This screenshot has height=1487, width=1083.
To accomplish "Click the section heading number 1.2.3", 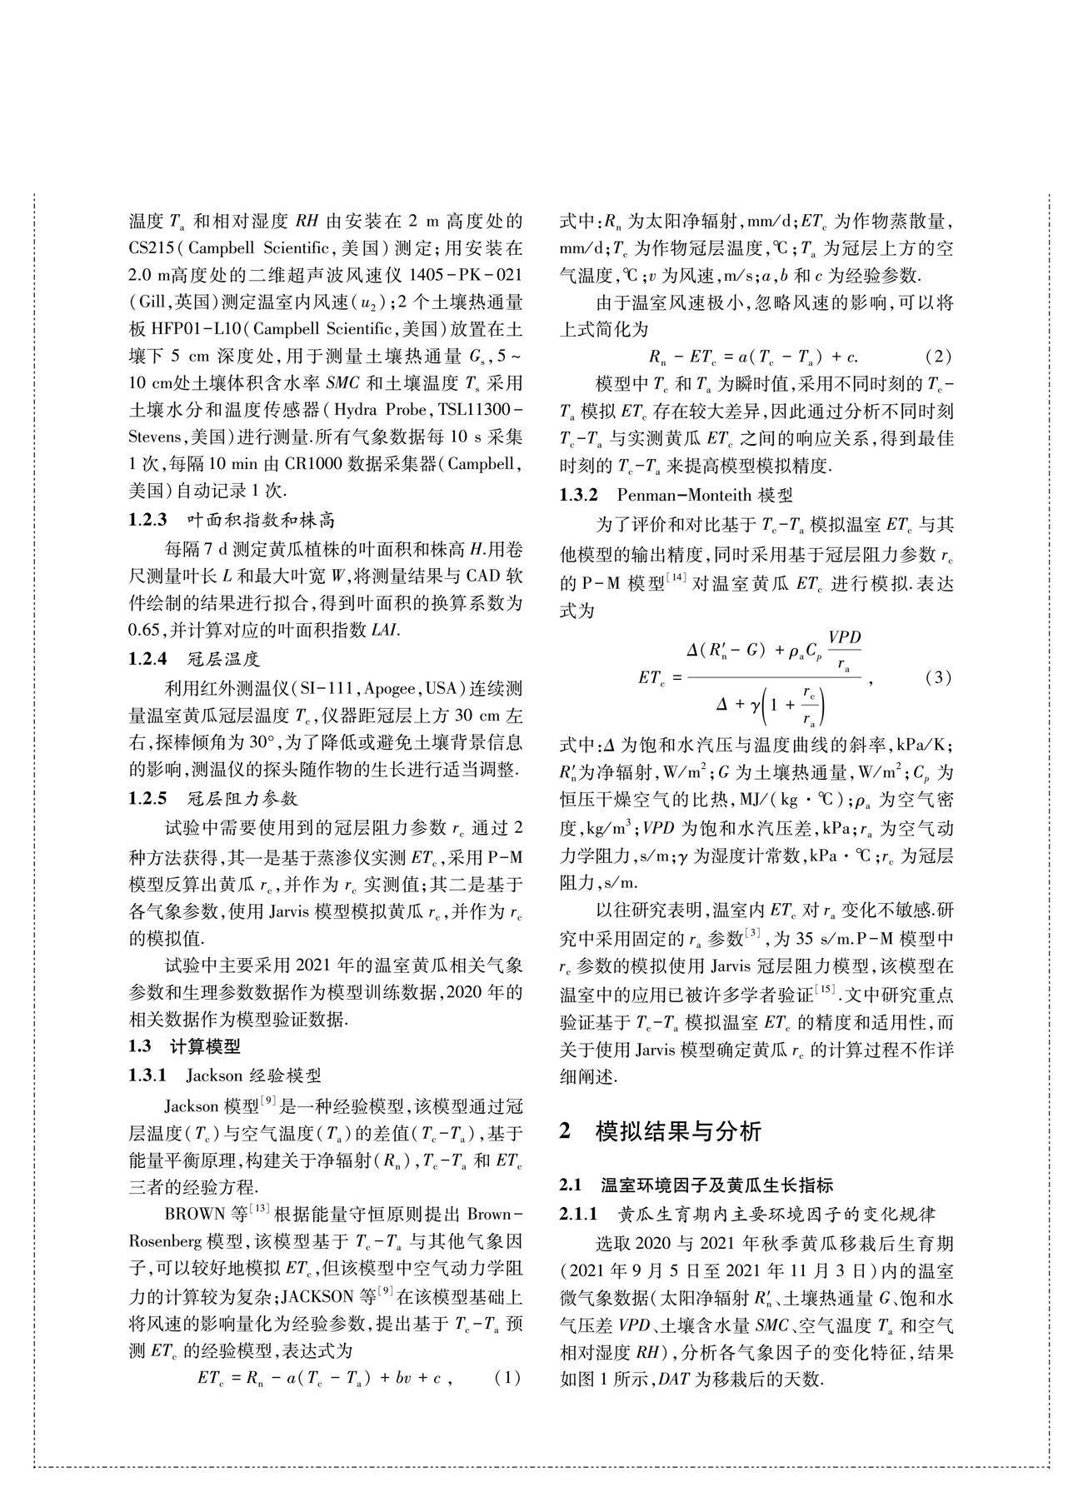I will [x=148, y=521].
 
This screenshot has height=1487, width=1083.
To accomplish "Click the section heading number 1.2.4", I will [x=148, y=659].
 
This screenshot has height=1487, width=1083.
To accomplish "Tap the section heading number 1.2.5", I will [x=148, y=798].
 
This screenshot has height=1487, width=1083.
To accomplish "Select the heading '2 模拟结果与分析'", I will [x=660, y=1130].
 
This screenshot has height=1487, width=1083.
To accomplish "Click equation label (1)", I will [x=507, y=1377].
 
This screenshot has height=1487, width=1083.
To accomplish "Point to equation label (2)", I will [x=938, y=357].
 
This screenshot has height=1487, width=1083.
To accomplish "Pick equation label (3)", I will [x=938, y=676].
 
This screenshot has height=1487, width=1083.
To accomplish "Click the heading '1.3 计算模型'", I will [x=184, y=1046].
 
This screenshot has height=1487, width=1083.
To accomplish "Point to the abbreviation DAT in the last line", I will [x=674, y=1379].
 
